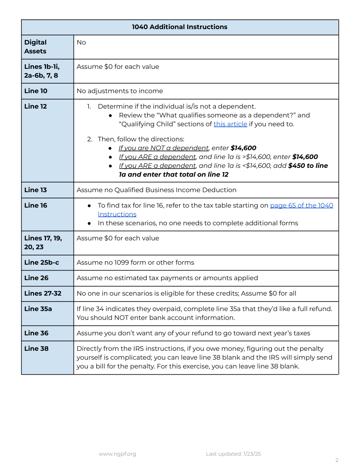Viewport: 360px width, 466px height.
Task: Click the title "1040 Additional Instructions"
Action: click(x=179, y=27)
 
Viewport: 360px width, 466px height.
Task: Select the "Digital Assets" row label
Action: click(x=35, y=47)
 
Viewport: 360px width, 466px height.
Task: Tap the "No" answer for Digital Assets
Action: click(x=81, y=42)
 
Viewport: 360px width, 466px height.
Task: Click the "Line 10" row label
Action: click(x=36, y=91)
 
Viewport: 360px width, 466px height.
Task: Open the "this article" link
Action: click(x=230, y=124)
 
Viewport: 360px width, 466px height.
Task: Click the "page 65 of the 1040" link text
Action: click(x=302, y=205)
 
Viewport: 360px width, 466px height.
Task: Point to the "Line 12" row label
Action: click(x=36, y=106)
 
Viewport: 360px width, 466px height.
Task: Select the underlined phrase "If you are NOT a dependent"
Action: click(x=163, y=148)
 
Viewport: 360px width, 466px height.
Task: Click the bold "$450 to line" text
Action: click(x=308, y=166)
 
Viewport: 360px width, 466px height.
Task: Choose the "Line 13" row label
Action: click(x=36, y=190)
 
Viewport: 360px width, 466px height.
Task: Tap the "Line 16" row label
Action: click(x=36, y=205)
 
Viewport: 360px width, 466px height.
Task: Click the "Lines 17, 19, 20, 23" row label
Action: click(x=43, y=243)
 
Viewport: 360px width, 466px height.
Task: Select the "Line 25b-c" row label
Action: click(x=42, y=262)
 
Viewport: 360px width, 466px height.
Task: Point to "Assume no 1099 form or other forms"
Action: click(x=135, y=262)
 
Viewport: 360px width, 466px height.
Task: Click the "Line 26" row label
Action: click(x=36, y=278)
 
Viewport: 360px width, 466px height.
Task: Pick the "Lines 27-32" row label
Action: click(x=43, y=293)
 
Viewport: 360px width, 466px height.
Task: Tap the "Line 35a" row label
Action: click(x=38, y=309)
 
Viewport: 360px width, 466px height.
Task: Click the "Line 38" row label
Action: click(x=36, y=349)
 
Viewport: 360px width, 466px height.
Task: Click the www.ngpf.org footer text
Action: click(x=117, y=454)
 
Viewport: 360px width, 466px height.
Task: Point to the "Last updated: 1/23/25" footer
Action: click(x=233, y=454)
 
